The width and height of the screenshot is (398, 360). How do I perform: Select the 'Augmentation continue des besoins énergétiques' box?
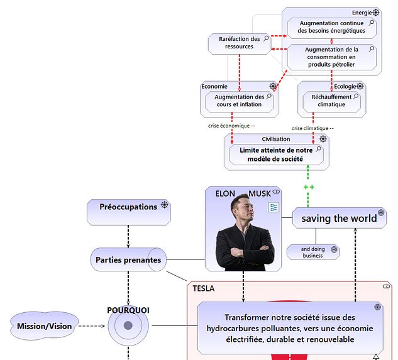click(332, 27)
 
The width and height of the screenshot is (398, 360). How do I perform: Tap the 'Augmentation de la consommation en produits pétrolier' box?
click(332, 57)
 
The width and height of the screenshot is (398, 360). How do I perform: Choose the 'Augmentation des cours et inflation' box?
click(240, 101)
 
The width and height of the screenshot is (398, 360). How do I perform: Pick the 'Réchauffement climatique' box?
click(331, 101)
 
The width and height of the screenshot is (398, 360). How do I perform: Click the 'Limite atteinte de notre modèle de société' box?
click(276, 155)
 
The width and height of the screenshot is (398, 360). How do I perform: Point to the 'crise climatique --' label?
click(312, 128)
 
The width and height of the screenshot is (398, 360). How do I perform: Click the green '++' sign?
click(309, 187)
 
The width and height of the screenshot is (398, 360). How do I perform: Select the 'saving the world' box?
click(339, 218)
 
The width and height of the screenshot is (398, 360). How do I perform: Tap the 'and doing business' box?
click(313, 252)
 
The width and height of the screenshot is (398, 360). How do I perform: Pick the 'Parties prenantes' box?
click(128, 259)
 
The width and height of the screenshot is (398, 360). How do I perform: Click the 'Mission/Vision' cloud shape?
click(44, 326)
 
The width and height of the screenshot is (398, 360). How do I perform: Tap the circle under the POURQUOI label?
click(128, 325)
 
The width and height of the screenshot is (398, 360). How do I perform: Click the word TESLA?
click(204, 289)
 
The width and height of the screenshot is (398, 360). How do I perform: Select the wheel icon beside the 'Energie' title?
click(376, 13)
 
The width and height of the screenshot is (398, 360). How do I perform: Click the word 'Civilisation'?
click(276, 139)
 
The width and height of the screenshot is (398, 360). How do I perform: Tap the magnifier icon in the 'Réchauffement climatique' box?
click(357, 96)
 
